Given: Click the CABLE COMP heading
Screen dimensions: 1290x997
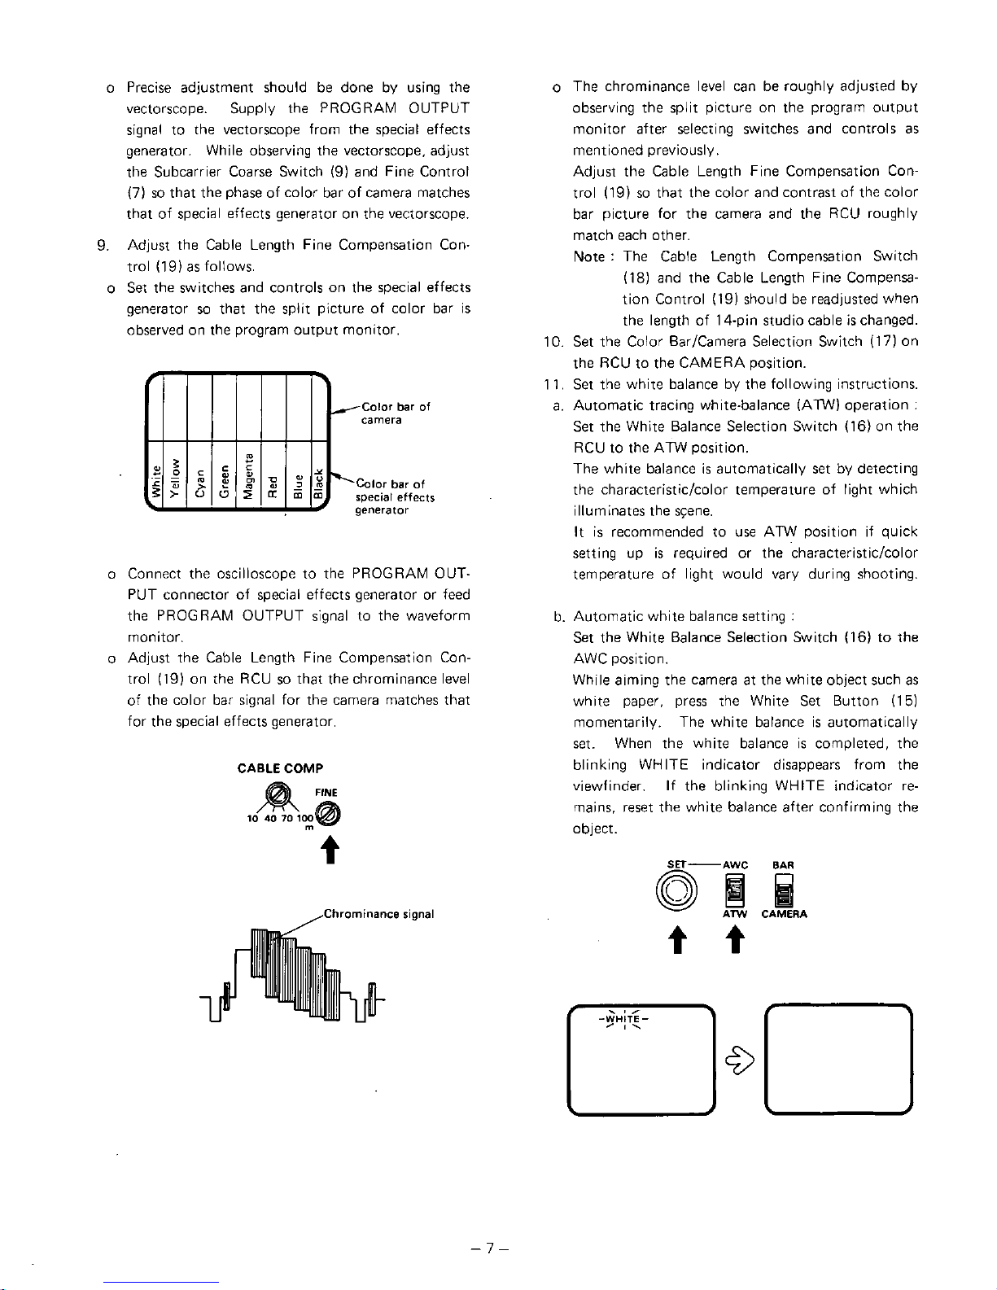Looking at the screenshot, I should click(x=280, y=767).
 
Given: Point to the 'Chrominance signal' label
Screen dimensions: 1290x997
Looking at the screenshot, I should click(x=378, y=914).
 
